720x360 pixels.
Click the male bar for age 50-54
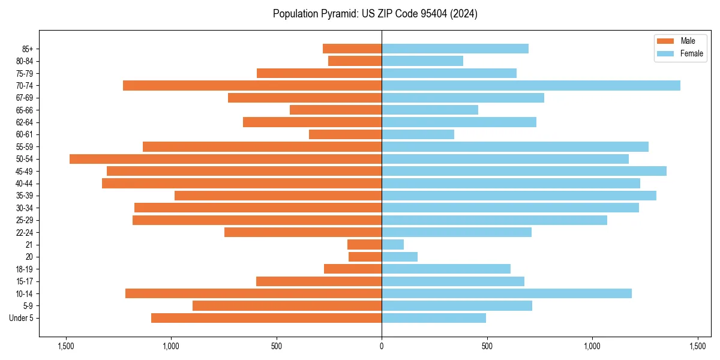(x=226, y=159)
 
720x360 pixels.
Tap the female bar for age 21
(x=393, y=245)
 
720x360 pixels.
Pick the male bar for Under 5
(x=266, y=318)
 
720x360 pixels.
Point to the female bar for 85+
(x=455, y=49)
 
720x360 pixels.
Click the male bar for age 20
(x=365, y=257)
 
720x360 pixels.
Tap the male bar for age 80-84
(x=355, y=61)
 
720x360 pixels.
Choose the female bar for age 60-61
(x=418, y=134)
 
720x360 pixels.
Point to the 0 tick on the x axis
(x=382, y=346)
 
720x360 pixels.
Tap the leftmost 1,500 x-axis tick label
(x=65, y=346)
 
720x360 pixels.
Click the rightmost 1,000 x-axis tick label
(x=592, y=346)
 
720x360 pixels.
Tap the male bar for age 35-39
(x=278, y=196)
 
